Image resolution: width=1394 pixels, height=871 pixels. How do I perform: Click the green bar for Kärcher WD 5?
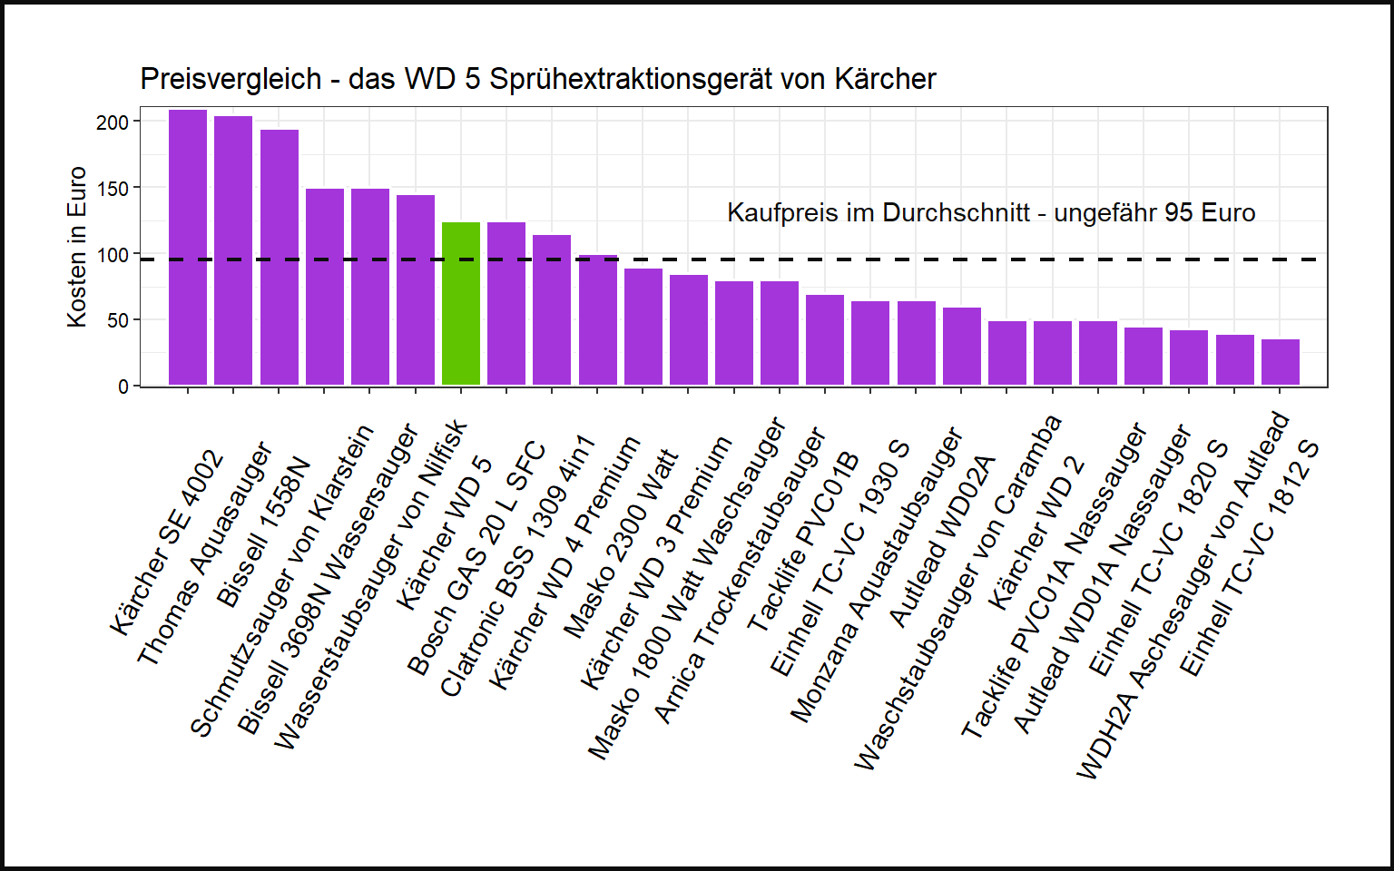[461, 304]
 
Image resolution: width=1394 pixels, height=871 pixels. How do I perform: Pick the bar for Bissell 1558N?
[280, 258]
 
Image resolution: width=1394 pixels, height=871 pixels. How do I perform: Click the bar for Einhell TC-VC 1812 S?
[1280, 362]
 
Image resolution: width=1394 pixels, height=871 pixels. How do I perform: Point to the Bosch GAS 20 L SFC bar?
[506, 304]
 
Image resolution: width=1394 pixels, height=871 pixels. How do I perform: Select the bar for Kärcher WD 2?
[1053, 353]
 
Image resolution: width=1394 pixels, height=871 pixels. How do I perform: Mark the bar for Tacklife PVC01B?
[825, 340]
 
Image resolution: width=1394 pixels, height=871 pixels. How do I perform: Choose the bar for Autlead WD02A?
[962, 347]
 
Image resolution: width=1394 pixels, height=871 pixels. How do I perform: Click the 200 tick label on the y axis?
[113, 122]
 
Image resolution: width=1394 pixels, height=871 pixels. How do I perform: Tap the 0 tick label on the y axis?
[123, 387]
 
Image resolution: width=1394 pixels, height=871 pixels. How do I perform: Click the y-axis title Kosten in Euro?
[77, 247]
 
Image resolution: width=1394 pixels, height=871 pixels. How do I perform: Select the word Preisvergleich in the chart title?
[231, 80]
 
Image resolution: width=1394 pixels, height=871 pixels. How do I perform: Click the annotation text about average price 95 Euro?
[991, 213]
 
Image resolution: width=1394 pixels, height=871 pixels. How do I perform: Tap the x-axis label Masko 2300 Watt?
[621, 544]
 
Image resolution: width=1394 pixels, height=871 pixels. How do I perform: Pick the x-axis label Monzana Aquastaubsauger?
[876, 576]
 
